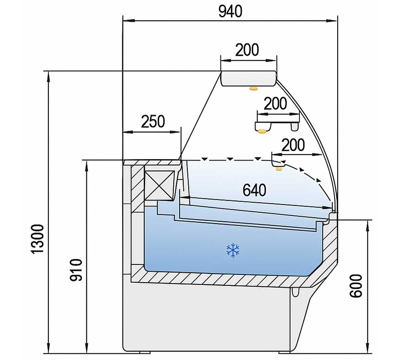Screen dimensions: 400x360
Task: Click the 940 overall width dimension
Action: pos(230,12)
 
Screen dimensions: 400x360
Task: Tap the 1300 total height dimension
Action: pos(37,239)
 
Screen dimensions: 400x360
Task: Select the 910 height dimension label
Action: pos(76,270)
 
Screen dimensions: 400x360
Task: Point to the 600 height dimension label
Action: pos(356,286)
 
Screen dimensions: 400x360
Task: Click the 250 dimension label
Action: pos(153,121)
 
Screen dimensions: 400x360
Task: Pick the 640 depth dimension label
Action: pos(254,190)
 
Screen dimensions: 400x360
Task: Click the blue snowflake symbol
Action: pos(233,250)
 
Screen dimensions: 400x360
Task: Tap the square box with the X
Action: pos(159,186)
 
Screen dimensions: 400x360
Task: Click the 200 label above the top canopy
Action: pos(247,50)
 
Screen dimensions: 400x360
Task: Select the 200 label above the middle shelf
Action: pos(275,104)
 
